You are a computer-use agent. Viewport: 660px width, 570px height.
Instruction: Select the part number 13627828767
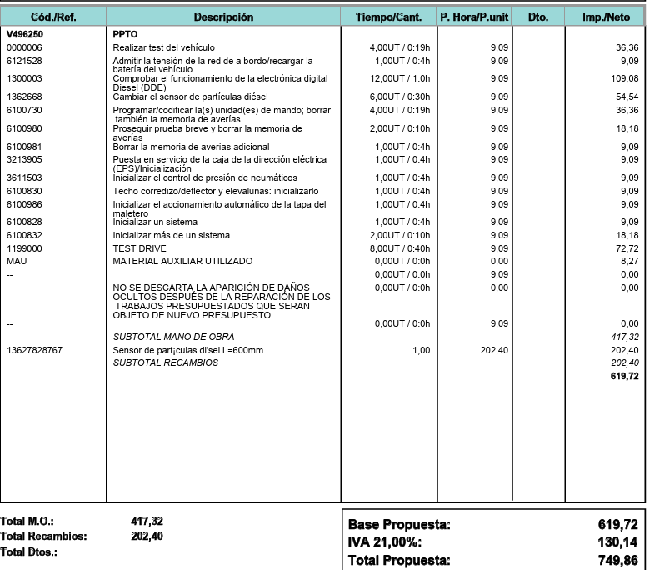(x=32, y=350)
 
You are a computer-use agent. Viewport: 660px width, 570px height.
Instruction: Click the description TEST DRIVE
(x=139, y=248)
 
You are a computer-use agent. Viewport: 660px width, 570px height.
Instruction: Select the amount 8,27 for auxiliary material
(x=628, y=261)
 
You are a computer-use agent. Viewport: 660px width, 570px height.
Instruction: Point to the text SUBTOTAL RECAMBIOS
(x=165, y=362)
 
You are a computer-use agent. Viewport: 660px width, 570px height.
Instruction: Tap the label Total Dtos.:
(x=30, y=552)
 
